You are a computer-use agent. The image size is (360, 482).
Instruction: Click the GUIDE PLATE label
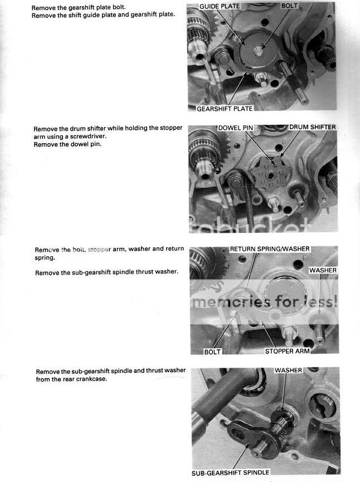[x=220, y=6]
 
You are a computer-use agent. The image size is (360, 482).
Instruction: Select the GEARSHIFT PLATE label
[x=225, y=109]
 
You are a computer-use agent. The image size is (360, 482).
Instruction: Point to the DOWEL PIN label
[x=236, y=128]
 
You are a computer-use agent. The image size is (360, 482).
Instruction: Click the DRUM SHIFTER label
[x=312, y=128]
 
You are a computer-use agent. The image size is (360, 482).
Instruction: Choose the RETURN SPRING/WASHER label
[x=270, y=249]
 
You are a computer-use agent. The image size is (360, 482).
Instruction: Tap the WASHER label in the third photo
[x=323, y=270]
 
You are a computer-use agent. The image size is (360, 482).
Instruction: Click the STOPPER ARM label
[x=287, y=352]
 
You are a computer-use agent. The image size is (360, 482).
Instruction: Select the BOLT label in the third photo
[x=212, y=352]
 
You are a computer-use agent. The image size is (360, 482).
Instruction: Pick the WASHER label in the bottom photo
[x=288, y=370]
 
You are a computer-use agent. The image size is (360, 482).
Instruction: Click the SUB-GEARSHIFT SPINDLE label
[x=230, y=472]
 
